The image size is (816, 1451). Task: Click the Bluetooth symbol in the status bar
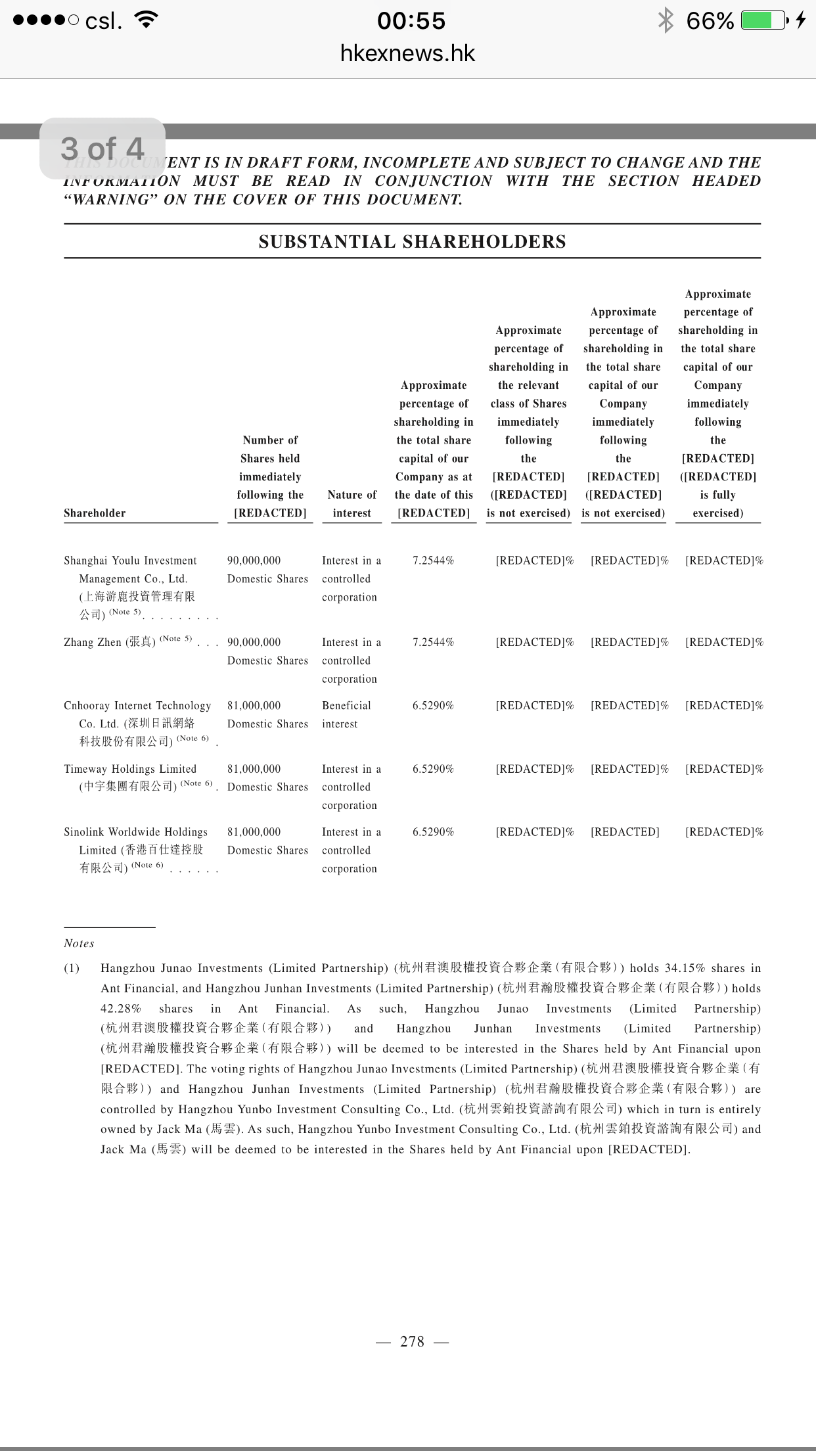666,20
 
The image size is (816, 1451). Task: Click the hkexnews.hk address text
407,53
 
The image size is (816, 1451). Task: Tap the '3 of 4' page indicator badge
102,149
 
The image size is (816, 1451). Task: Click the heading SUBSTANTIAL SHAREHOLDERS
412,242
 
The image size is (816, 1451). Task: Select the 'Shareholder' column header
95,513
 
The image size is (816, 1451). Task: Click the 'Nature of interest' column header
351,504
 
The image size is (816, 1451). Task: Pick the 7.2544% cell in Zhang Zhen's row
433,642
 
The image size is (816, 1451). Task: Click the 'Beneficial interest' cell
346,714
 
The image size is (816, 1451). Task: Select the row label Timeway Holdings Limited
130,769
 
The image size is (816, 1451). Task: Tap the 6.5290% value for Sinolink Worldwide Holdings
433,832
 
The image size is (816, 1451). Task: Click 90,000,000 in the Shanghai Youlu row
254,561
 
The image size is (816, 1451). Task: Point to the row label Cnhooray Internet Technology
137,706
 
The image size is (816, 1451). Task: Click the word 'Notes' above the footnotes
79,943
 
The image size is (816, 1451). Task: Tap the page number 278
412,1341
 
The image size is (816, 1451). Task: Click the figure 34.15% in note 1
685,968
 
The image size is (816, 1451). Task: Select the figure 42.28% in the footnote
121,1009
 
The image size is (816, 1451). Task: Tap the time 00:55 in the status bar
411,20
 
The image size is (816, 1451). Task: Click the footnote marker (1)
72,968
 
